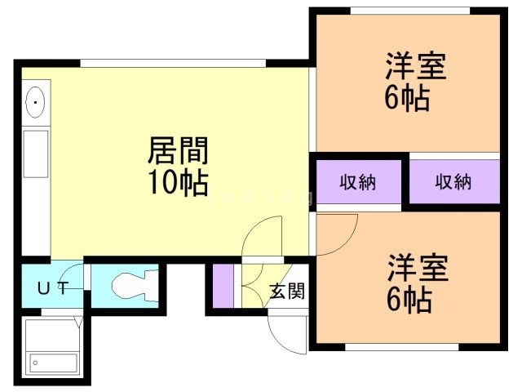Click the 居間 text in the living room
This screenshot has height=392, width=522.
pyautogui.click(x=178, y=151)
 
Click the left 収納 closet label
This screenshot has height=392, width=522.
pyautogui.click(x=358, y=181)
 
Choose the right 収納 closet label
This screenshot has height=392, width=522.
pyautogui.click(x=453, y=181)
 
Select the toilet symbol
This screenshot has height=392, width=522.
pyautogui.click(x=130, y=286)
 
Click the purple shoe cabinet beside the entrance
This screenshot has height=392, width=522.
pyautogui.click(x=223, y=286)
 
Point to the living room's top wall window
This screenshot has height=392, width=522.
pyautogui.click(x=175, y=63)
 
